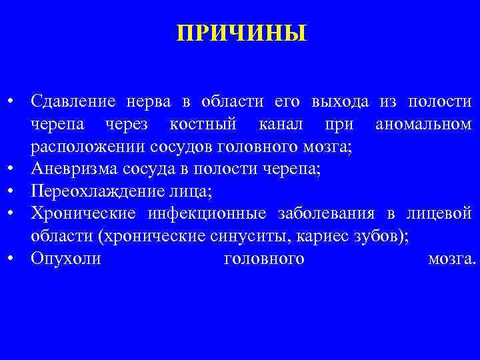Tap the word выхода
pos(340,102)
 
